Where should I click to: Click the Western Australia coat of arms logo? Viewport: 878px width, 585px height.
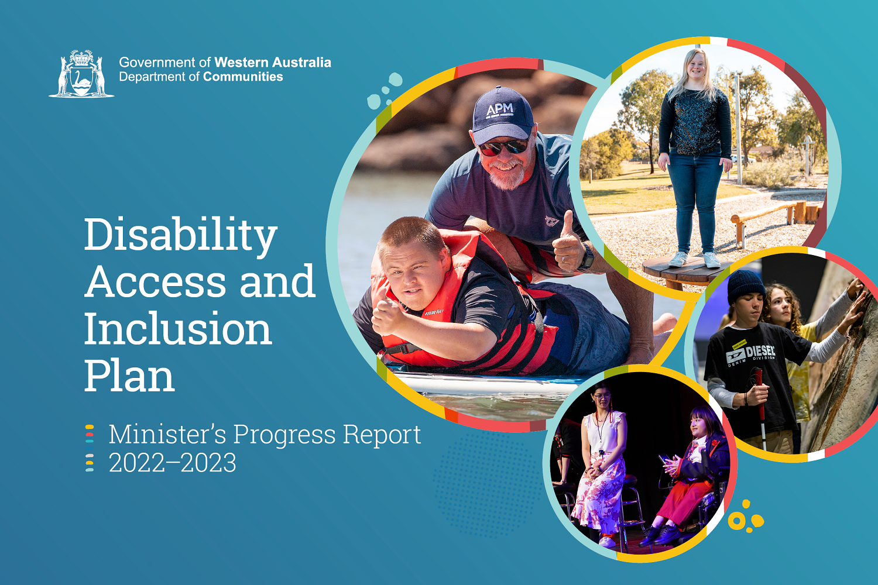coord(81,74)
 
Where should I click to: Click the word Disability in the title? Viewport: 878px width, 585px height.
coord(180,235)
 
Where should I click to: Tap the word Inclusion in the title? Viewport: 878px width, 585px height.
coord(178,329)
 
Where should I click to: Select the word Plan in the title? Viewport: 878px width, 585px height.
coord(129,376)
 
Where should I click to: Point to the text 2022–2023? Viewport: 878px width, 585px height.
coord(173,463)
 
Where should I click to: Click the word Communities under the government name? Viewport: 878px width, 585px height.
coord(243,77)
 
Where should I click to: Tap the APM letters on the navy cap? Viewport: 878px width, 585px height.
coord(499,109)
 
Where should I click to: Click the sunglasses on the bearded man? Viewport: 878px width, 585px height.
coord(503,147)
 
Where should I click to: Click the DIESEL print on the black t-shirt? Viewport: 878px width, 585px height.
coord(760,352)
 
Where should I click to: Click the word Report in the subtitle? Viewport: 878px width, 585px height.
coord(382,434)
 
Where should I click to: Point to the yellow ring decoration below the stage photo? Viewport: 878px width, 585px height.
coord(737,521)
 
